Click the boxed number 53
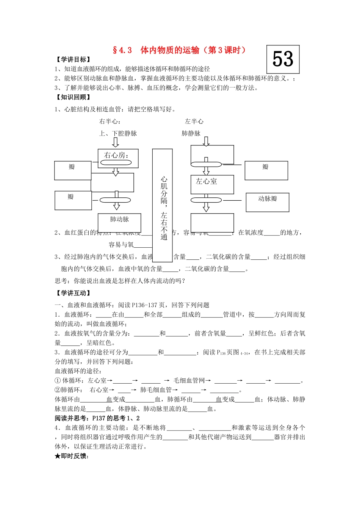283,59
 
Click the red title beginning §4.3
179,50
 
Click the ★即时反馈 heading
72,456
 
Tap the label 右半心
110,122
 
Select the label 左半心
194,122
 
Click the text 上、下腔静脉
118,133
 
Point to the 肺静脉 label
191,133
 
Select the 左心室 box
212,184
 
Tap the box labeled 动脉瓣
267,202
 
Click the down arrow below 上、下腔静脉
116,142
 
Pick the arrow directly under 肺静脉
206,142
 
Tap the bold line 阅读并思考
97,418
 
